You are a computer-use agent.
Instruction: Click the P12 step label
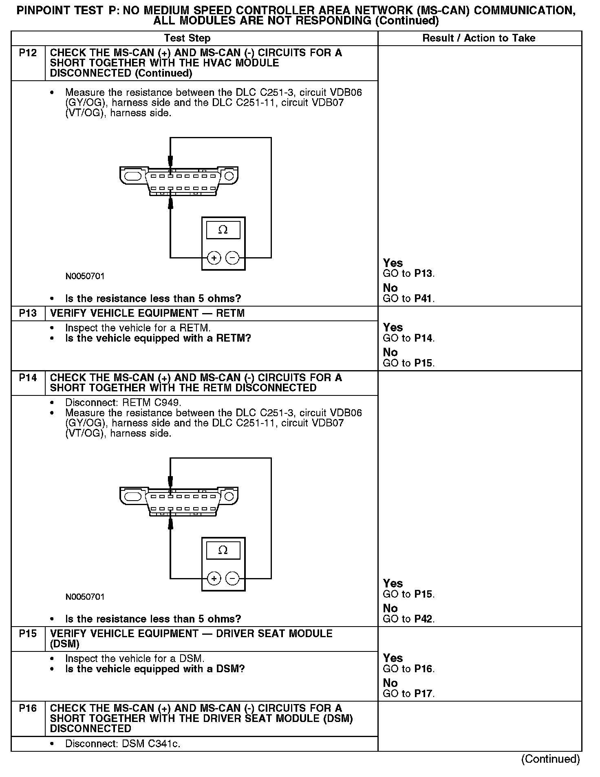28,53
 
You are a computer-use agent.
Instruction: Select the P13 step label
28,313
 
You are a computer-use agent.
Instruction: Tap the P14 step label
28,378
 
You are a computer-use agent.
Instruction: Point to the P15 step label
28,634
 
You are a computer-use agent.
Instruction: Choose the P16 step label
28,708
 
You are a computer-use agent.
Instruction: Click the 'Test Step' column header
187,38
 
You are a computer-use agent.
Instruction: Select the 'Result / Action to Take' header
479,38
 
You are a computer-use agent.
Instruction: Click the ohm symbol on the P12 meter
223,230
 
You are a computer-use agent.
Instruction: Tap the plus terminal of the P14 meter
214,578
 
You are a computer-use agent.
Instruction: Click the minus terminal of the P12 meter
232,258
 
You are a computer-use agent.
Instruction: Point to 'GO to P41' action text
408,298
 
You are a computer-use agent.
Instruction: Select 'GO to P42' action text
408,619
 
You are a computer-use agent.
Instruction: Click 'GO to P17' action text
408,693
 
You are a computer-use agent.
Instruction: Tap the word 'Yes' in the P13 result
393,327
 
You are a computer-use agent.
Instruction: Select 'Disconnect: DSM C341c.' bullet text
123,744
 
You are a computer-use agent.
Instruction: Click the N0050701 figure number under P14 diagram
85,597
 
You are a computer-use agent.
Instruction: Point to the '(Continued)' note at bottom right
550,759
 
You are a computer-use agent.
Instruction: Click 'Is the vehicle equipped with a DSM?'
155,669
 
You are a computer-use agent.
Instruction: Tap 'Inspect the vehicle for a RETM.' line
138,328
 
